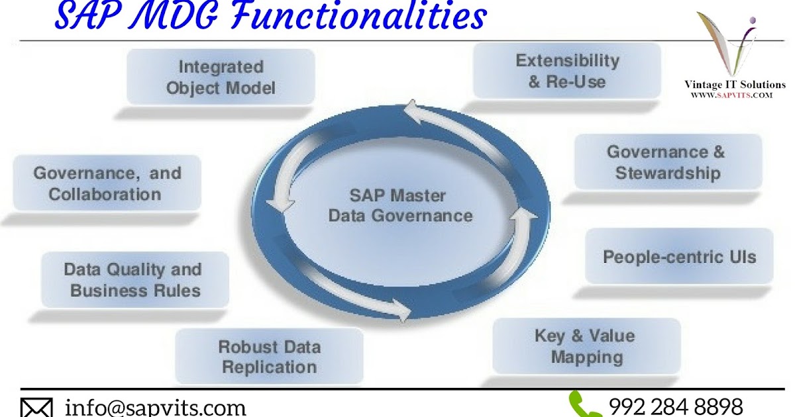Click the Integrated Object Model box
221,77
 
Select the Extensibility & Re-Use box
567,71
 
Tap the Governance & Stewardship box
667,162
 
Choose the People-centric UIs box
679,257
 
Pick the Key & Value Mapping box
586,346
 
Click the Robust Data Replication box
269,356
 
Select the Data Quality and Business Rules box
135,280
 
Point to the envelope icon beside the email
38,407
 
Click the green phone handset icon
584,404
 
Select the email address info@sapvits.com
155,406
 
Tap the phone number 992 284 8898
675,406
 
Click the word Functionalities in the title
358,17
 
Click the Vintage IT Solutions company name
734,85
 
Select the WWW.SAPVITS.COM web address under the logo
732,95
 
